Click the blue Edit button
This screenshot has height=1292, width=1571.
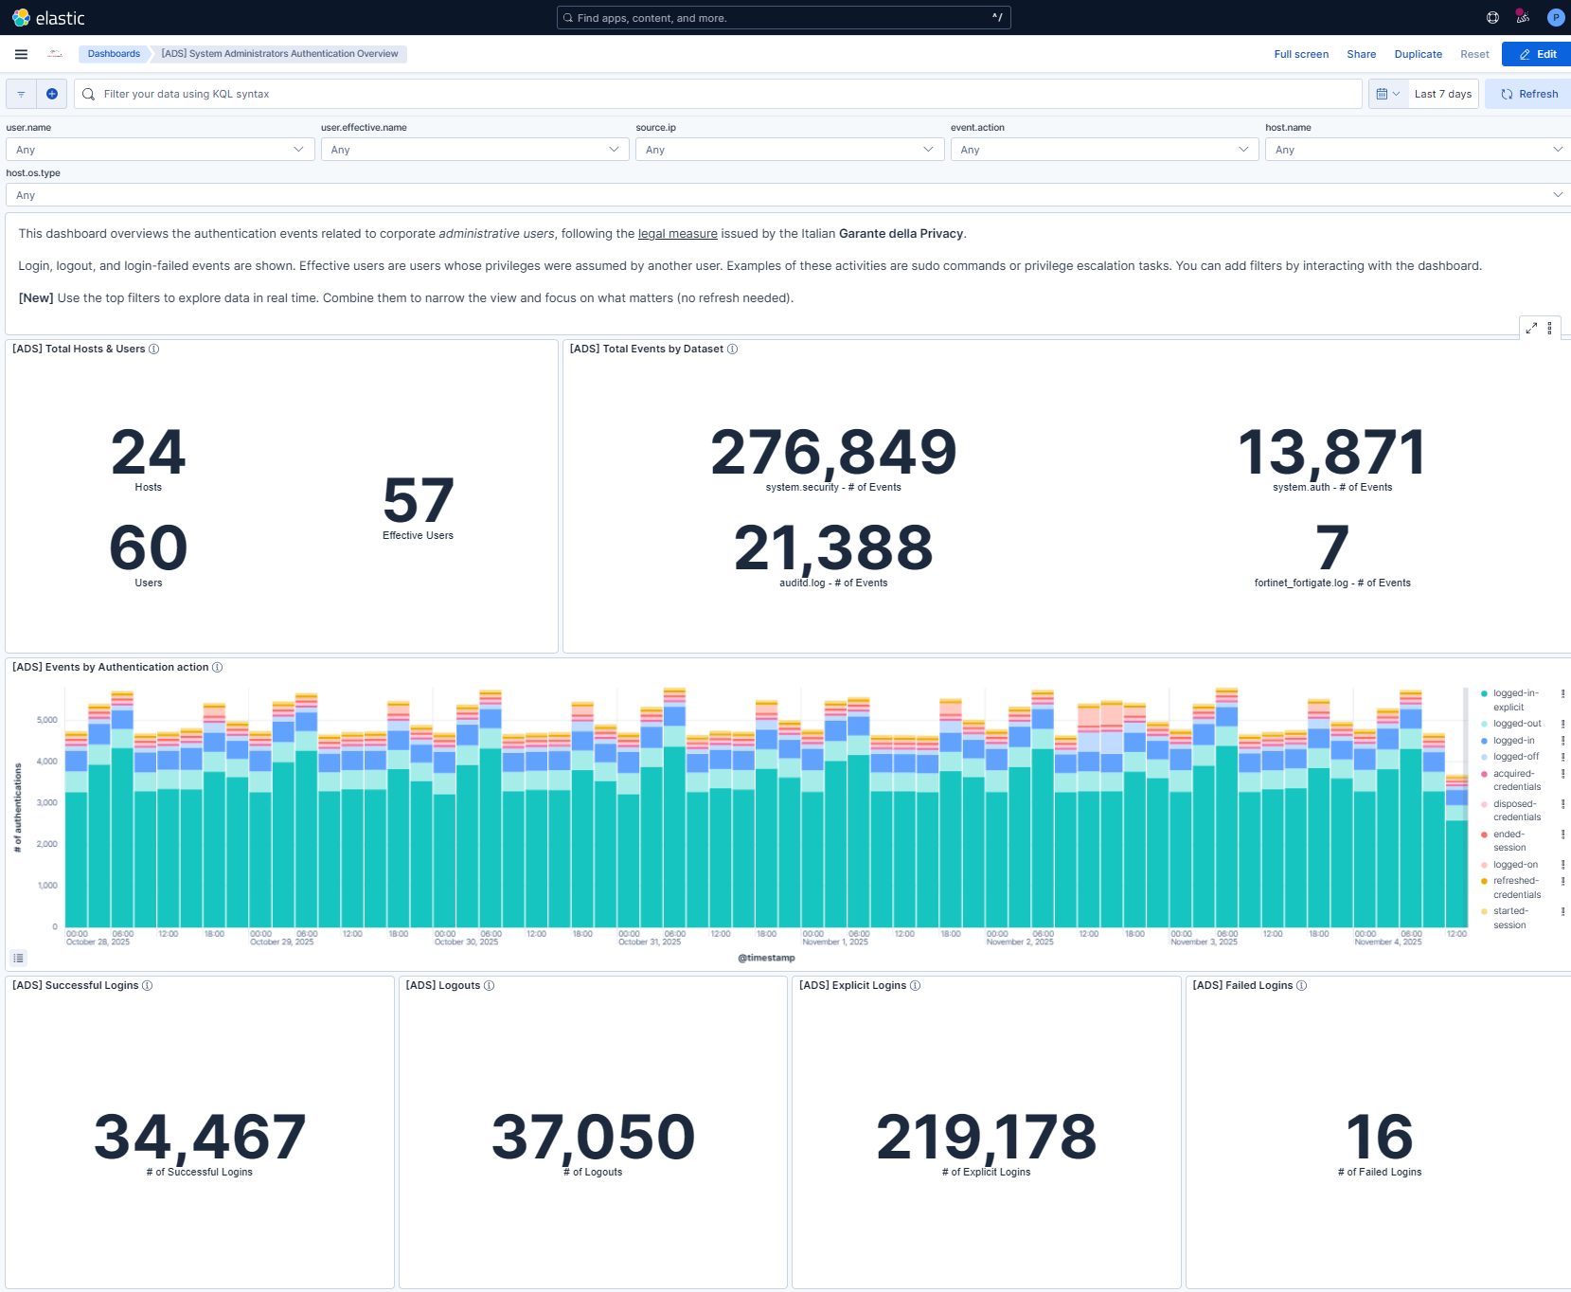1537,54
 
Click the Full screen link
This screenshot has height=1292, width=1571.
1300,54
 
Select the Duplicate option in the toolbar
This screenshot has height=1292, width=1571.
1418,54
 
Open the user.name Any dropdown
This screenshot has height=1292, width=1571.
159,150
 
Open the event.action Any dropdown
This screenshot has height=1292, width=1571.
1104,150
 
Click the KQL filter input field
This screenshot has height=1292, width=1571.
720,94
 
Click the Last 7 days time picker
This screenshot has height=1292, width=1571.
1442,94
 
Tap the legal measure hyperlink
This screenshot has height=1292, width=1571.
677,234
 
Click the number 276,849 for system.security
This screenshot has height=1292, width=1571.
833,453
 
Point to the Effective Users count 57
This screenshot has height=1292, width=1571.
418,501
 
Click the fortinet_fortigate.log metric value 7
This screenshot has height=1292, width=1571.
1331,548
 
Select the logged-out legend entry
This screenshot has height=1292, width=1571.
1517,724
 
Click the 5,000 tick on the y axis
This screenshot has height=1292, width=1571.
46,720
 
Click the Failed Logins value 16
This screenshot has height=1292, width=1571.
1379,1137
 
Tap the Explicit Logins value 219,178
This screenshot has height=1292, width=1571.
986,1137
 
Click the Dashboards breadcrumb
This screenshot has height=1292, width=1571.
114,54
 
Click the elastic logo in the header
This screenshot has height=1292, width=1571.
48,18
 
